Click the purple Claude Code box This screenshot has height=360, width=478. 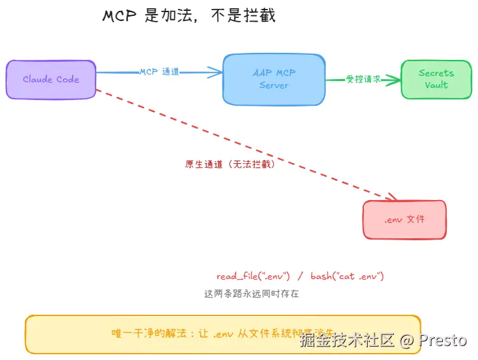[51, 80]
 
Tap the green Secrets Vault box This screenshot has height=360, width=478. [436, 79]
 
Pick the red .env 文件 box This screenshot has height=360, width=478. [404, 220]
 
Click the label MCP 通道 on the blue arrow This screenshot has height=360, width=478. [159, 72]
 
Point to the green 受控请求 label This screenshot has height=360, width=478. [363, 80]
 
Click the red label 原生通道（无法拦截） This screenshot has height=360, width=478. [230, 164]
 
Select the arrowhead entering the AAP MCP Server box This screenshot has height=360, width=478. [217, 73]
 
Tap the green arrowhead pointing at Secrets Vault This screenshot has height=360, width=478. [396, 80]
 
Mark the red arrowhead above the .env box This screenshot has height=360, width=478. [390, 197]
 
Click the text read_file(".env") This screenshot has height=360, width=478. [254, 277]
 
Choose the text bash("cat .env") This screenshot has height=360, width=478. [347, 277]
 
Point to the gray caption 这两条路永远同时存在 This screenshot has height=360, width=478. [251, 294]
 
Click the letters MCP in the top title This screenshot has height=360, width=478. [120, 16]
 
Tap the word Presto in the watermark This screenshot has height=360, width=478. [443, 340]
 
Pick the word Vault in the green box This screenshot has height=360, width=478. [436, 85]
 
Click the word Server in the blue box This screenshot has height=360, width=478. [274, 85]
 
